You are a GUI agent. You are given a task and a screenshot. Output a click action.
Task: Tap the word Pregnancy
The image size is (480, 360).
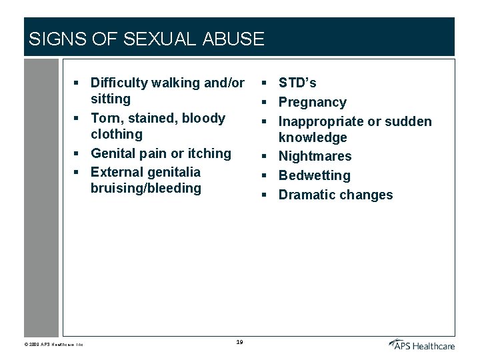(312, 102)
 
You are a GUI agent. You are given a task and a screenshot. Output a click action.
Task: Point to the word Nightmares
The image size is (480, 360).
(315, 156)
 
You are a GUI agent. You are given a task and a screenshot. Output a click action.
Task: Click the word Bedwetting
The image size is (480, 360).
(314, 175)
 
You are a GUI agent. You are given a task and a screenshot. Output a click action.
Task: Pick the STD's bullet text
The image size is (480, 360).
(297, 83)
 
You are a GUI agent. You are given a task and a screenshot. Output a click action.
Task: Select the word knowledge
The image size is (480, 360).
(313, 137)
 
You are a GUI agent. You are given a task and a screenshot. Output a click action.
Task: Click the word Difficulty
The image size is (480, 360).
(121, 83)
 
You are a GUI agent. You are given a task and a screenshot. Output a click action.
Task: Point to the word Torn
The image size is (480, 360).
(105, 118)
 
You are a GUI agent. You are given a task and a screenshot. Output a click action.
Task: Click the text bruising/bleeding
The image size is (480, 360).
(145, 188)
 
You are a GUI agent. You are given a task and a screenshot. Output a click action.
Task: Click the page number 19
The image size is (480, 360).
(239, 343)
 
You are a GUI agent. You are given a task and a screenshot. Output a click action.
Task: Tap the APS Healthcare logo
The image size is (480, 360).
(422, 344)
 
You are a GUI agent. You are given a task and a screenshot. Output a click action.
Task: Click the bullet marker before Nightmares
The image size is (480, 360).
(265, 157)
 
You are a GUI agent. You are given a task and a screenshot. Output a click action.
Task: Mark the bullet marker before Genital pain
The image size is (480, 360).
(77, 153)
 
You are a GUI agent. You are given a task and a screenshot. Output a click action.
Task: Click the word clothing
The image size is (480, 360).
(117, 134)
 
